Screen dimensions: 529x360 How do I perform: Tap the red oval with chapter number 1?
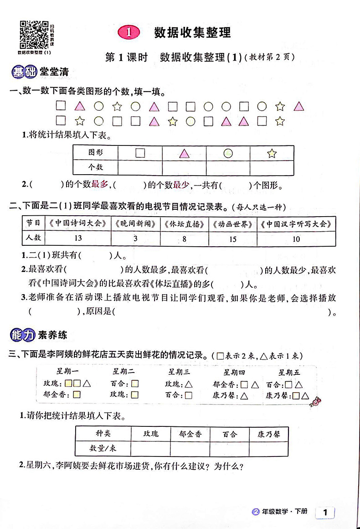coord(130,32)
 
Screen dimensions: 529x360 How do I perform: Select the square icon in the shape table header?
coord(140,153)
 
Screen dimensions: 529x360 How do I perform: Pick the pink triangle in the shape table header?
coord(184,154)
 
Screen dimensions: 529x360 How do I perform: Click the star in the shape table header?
coord(272,154)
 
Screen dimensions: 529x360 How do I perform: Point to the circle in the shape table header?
coord(228,154)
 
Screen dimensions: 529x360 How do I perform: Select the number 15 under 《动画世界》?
coord(232,238)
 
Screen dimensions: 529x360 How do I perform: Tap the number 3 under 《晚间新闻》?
coord(135,238)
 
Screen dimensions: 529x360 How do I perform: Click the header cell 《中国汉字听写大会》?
coord(296,224)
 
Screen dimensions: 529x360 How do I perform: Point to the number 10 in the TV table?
coord(296,238)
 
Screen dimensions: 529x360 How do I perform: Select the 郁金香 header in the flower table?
coord(190,434)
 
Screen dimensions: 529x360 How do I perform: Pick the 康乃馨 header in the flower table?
coord(268,434)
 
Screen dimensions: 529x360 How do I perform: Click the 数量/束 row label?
coord(103,448)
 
